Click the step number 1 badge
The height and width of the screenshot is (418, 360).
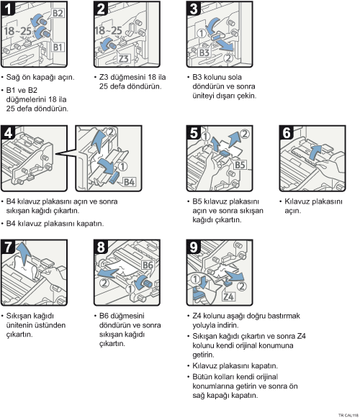7,8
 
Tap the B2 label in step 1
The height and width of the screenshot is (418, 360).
58,13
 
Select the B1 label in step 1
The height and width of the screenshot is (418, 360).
58,47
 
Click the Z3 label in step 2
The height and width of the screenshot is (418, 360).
124,58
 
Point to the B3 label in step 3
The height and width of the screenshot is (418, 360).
204,53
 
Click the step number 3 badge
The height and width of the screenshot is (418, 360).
194,8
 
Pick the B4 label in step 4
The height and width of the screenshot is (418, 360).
129,182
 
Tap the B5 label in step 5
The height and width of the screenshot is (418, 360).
240,165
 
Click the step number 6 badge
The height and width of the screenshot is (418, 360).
287,132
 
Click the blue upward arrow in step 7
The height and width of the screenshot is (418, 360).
23,254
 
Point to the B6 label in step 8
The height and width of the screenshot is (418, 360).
148,265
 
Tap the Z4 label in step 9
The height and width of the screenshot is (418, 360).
228,296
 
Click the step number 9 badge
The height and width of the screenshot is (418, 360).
194,247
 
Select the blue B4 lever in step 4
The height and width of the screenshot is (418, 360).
114,178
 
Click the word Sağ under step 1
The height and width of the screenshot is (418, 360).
12,78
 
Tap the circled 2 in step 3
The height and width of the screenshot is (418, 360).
228,58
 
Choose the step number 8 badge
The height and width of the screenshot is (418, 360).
101,247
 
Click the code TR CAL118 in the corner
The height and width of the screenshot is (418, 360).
348,415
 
